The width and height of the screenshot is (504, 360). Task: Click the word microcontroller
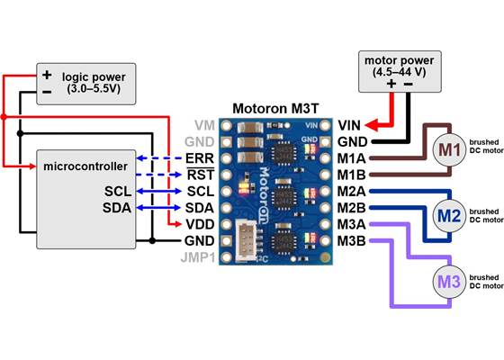[82, 167]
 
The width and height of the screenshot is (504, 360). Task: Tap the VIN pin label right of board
[349, 126]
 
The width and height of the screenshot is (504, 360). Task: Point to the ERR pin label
[199, 158]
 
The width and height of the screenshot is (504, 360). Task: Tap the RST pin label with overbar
[199, 175]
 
